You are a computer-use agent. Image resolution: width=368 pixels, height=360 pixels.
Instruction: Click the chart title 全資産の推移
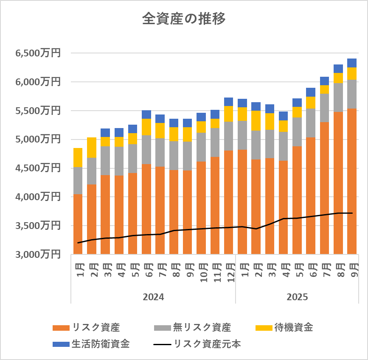click(184, 19)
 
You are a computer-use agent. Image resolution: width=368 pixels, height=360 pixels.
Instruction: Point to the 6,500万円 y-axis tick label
click(38, 53)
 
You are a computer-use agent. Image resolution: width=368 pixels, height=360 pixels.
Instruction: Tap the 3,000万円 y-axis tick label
click(38, 254)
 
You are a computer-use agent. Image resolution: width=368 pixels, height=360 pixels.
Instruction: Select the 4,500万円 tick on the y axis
click(38, 168)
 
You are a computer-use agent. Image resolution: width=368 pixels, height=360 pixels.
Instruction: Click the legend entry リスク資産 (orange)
click(96, 327)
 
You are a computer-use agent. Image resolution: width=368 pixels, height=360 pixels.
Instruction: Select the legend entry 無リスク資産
click(202, 327)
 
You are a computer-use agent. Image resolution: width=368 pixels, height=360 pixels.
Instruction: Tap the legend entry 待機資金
click(293, 327)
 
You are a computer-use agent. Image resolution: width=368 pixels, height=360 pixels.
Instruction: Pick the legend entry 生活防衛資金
click(101, 344)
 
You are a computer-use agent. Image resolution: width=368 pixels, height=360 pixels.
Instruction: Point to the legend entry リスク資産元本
click(207, 344)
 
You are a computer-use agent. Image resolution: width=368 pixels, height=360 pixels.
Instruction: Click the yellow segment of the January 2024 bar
click(78, 157)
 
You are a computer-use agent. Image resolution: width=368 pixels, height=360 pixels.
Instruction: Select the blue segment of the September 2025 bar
click(352, 63)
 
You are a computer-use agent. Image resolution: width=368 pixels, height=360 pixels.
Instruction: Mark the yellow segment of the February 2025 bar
click(256, 120)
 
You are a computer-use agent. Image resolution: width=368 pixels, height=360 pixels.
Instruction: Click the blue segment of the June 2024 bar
click(146, 114)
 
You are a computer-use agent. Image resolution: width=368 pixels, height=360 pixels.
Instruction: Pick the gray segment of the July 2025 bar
click(325, 108)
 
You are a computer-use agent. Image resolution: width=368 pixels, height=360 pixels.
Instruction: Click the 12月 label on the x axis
click(229, 271)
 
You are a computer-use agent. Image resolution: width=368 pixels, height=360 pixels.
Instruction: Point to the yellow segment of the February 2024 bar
click(92, 147)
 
